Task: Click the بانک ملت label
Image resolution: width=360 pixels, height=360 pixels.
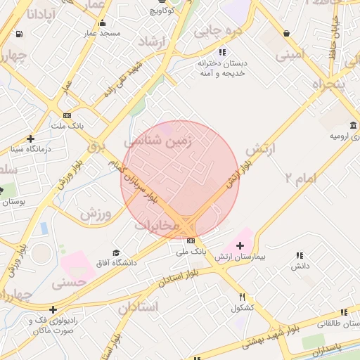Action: coord(67,126)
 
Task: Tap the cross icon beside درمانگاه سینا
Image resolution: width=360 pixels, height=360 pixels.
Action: coord(30,139)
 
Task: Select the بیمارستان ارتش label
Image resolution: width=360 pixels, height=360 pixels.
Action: coord(240,257)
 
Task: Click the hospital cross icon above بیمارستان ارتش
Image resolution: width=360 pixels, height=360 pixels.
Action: coord(240,245)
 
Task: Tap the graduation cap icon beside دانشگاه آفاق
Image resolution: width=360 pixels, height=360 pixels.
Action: coord(116,252)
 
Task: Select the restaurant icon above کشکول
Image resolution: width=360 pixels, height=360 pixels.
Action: coord(243,297)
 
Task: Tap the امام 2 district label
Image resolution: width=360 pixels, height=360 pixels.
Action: coord(300,178)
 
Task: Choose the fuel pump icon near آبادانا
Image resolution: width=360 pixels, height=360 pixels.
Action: coord(18,33)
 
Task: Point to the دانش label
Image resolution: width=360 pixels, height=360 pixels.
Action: coord(300,266)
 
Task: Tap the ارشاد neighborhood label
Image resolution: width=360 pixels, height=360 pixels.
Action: coord(150,42)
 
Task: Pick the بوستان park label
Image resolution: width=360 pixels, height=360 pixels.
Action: coord(13,202)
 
